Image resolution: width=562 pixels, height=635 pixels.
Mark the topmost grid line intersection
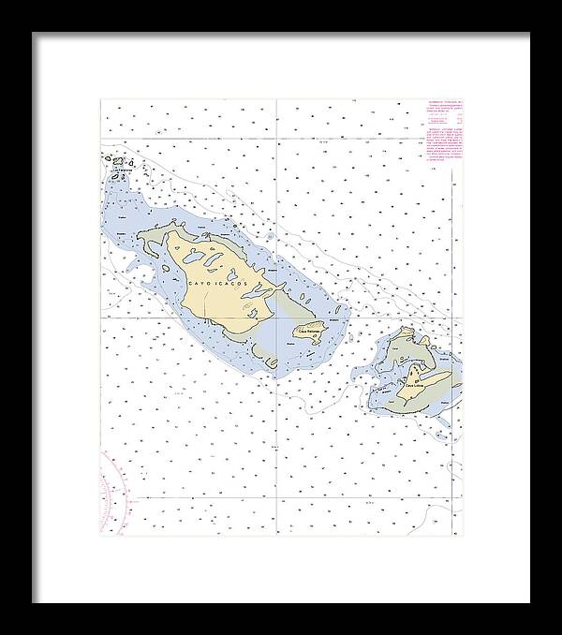point(277,145)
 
